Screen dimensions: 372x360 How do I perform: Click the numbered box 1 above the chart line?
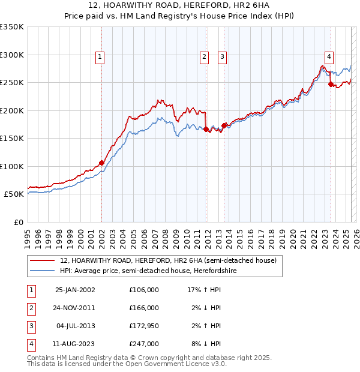coord(100,57)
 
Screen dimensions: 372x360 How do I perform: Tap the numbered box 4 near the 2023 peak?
coord(329,57)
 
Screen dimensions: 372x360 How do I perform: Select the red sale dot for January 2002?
coord(101,163)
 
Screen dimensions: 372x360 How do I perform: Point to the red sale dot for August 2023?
coord(331,85)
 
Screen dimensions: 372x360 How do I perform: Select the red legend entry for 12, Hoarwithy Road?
coord(168,261)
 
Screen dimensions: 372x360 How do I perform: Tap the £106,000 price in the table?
coord(143,290)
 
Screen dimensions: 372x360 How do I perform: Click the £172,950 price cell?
coord(143,326)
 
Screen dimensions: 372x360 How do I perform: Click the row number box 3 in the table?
coord(30,326)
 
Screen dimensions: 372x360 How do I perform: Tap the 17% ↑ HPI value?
coord(205,290)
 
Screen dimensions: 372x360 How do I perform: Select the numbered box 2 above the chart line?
coord(204,57)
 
